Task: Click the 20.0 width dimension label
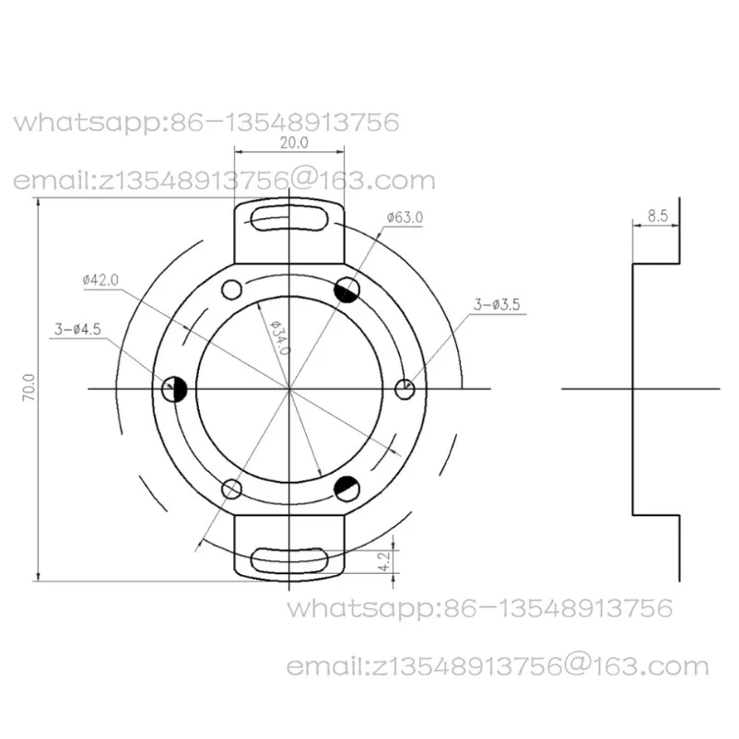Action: pyautogui.click(x=294, y=142)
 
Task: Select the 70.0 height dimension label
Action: pyautogui.click(x=29, y=387)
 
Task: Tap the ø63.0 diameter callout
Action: pyautogui.click(x=405, y=217)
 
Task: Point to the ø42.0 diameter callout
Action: pyautogui.click(x=100, y=280)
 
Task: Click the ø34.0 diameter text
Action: pyautogui.click(x=279, y=337)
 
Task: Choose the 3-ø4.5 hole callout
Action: pyautogui.click(x=77, y=329)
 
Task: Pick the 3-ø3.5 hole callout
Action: pyautogui.click(x=497, y=304)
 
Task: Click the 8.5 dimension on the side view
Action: pyautogui.click(x=658, y=216)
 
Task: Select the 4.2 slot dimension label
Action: pyautogui.click(x=385, y=561)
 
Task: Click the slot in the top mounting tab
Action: pyautogui.click(x=289, y=218)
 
